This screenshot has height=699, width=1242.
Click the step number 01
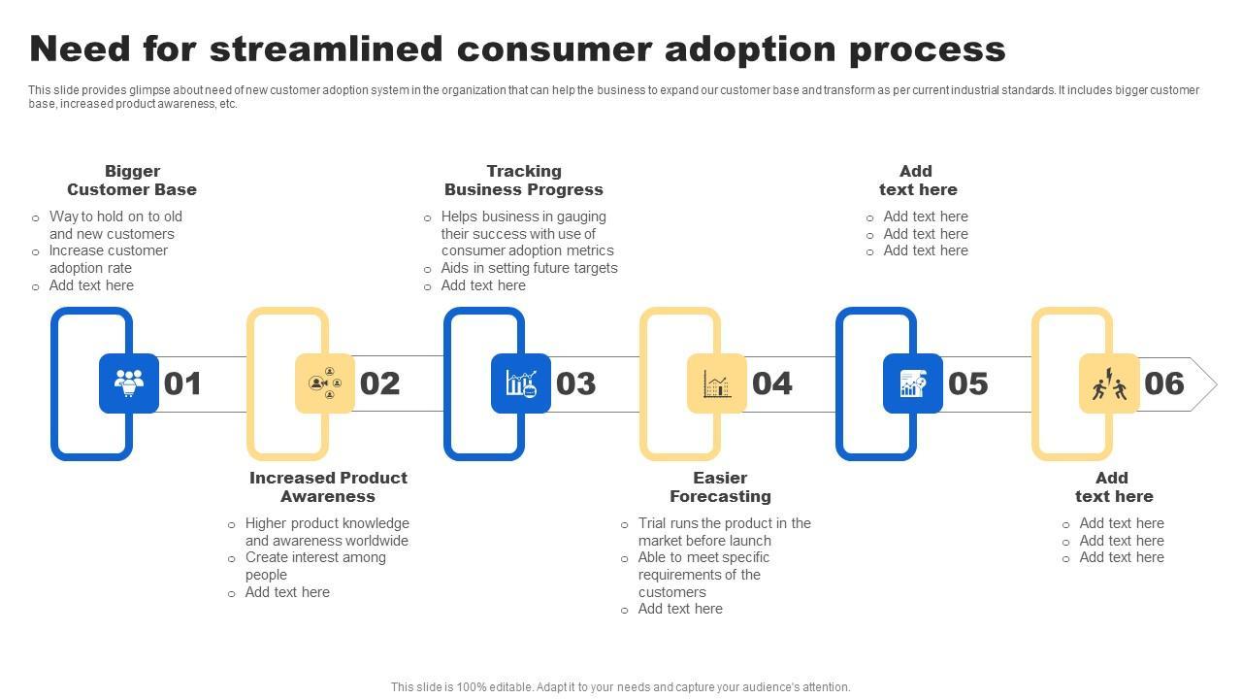click(x=182, y=383)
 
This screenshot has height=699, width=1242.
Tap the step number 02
click(x=379, y=383)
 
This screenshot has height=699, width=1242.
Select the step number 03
click(x=575, y=383)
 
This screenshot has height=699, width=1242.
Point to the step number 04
click(x=772, y=383)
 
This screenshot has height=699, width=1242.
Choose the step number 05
click(x=968, y=383)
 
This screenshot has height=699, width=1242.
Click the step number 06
click(x=1164, y=383)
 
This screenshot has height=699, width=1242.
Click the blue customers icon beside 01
click(x=129, y=383)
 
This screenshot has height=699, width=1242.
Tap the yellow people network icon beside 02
click(x=325, y=383)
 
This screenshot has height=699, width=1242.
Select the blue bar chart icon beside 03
click(x=521, y=383)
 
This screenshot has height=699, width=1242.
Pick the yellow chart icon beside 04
click(x=717, y=383)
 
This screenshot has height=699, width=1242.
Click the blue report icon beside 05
click(x=913, y=383)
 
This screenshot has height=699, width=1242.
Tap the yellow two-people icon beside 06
click(x=1109, y=383)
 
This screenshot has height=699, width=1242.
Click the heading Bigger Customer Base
click(x=132, y=181)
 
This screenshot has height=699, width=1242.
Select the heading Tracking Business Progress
click(x=524, y=181)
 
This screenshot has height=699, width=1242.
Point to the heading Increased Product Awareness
click(x=328, y=487)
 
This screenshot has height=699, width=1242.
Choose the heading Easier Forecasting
click(x=720, y=487)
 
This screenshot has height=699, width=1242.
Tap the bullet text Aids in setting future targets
click(x=529, y=268)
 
